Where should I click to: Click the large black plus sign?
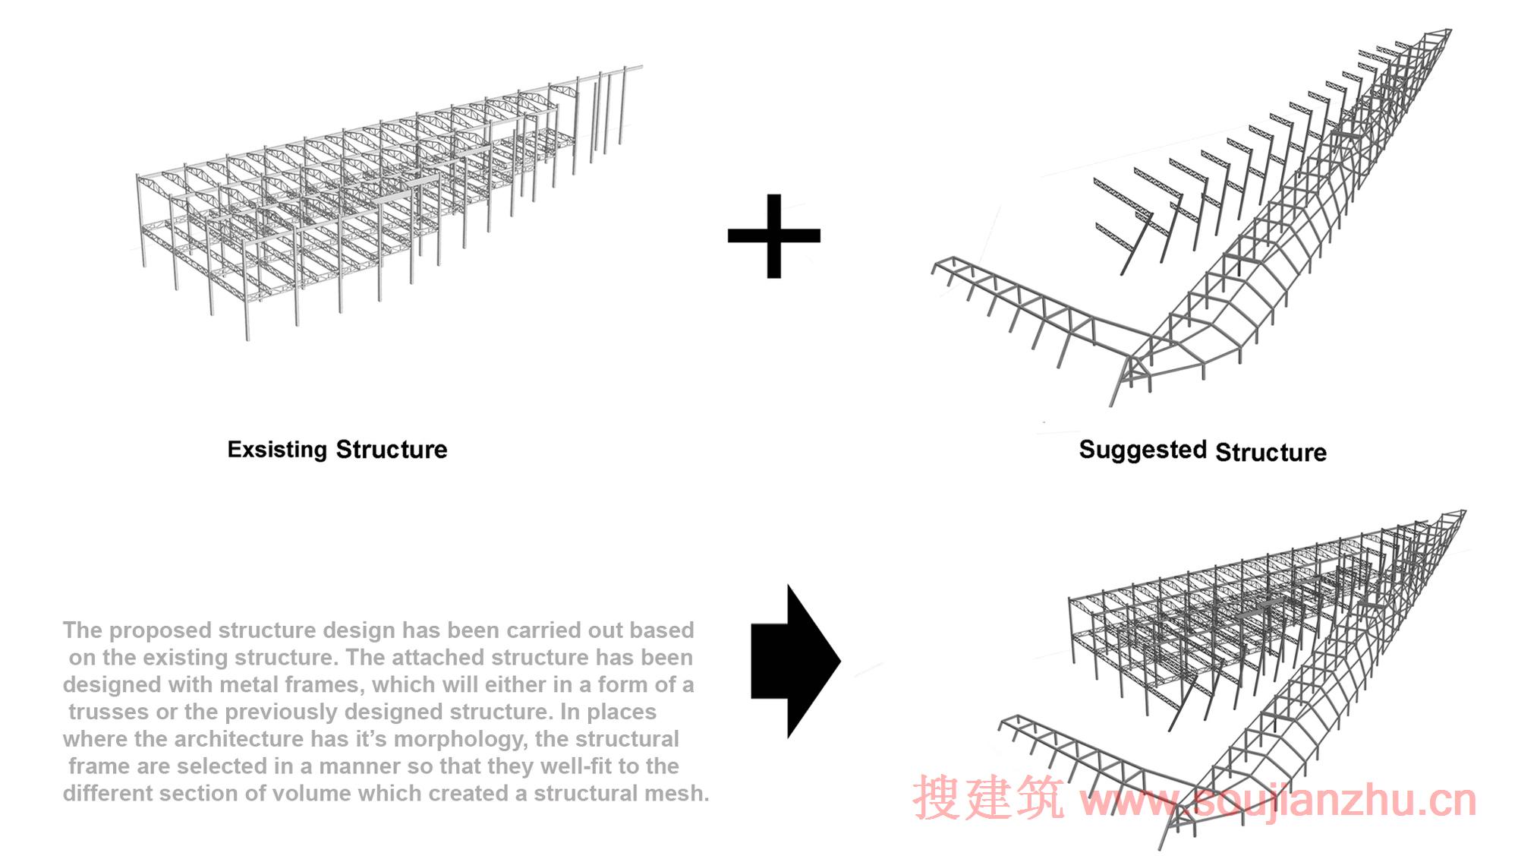pyautogui.click(x=773, y=235)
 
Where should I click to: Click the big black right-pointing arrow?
pyautogui.click(x=795, y=662)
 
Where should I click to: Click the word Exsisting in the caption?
pyautogui.click(x=278, y=450)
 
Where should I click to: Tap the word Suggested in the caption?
pyautogui.click(x=1142, y=450)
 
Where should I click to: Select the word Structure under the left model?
pyautogui.click(x=392, y=450)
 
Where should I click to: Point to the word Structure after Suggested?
pyautogui.click(x=1271, y=452)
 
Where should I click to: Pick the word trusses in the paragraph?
pyautogui.click(x=109, y=712)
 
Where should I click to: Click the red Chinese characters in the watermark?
pyautogui.click(x=988, y=798)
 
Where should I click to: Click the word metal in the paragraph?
pyautogui.click(x=251, y=684)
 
